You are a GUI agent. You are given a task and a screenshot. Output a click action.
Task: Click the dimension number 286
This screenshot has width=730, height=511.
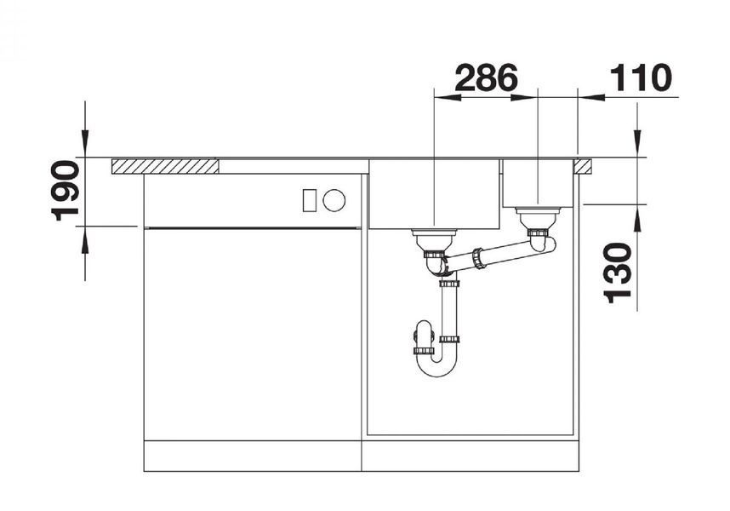[486, 78]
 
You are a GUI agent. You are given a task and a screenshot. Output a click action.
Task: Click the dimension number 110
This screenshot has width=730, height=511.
[641, 78]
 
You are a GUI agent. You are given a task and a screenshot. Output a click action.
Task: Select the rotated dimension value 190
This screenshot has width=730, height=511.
[65, 191]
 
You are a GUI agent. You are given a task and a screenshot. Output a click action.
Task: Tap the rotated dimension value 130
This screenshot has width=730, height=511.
[618, 273]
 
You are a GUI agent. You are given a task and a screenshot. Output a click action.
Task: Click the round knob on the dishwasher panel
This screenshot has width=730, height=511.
[334, 201]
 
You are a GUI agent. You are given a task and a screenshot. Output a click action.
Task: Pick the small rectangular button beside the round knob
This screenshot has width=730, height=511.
[310, 201]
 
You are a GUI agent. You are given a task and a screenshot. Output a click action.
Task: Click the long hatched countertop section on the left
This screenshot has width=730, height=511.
[165, 166]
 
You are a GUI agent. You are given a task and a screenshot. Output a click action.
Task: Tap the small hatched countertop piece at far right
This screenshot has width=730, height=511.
[583, 166]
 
